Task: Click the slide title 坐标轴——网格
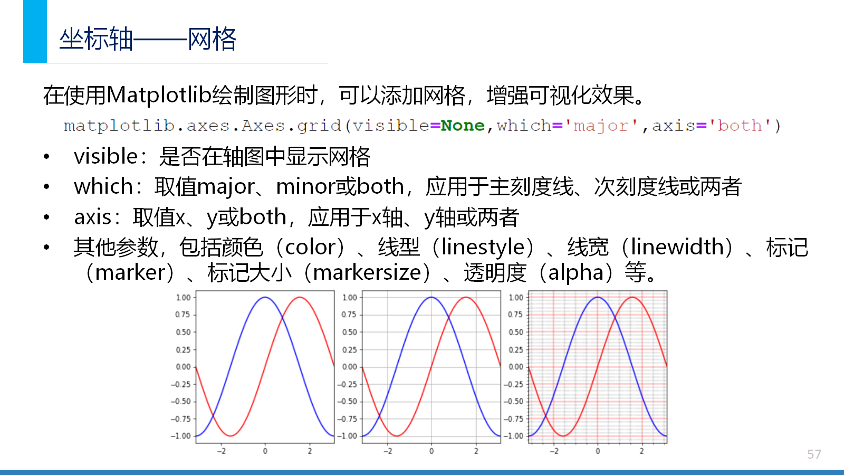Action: pos(148,39)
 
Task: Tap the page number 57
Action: pos(814,454)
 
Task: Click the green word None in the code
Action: pos(463,126)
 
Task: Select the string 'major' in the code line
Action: pos(601,126)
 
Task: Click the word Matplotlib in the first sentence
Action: pos(159,96)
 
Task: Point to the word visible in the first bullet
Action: pos(106,156)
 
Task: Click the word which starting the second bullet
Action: pos(103,186)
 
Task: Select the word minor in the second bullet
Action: pos(305,187)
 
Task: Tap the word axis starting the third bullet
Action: pos(93,217)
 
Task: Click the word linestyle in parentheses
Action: pos(483,248)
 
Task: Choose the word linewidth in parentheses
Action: pos(677,248)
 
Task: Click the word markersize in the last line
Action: pos(367,273)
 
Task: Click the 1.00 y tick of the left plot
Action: pos(183,298)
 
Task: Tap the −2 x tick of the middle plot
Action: pos(388,451)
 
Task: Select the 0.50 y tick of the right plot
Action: pos(516,332)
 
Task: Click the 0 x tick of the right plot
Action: pos(598,451)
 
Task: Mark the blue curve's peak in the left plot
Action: pos(265,298)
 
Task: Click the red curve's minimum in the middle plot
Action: pos(397,436)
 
